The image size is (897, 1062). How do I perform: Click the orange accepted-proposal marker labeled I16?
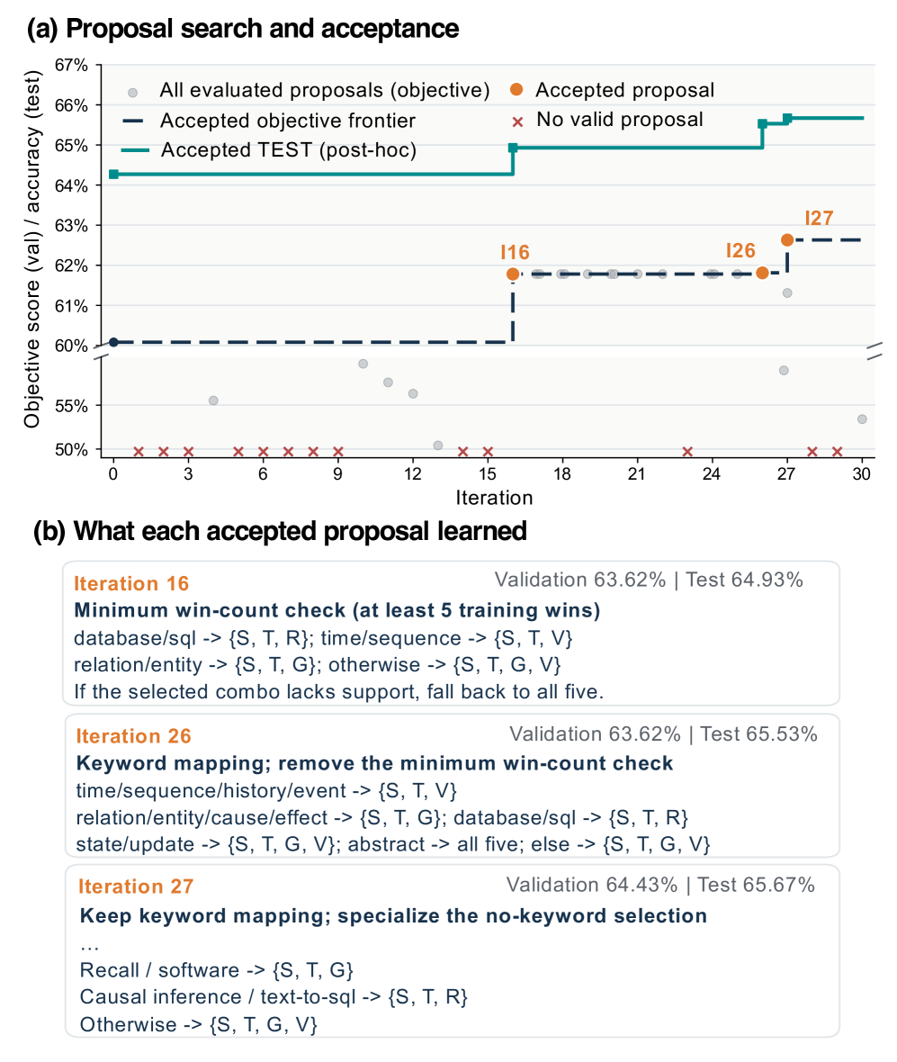[513, 274]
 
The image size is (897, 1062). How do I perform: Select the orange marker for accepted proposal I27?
[786, 239]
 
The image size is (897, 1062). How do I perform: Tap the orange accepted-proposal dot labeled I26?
[762, 273]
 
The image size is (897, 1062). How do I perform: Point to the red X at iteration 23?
[687, 452]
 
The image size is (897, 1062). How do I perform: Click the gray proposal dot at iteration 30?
[862, 419]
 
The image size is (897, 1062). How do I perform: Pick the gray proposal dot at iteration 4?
[213, 401]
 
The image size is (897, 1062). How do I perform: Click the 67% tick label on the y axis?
[72, 66]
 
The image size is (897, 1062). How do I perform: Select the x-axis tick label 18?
[562, 474]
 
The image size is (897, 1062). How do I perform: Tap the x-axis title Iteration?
[494, 498]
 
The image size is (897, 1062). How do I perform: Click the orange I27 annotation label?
[819, 218]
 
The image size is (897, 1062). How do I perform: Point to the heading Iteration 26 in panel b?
[133, 736]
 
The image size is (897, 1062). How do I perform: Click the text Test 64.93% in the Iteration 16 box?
[744, 580]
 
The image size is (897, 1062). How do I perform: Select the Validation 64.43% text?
[592, 885]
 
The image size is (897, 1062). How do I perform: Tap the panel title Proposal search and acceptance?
[263, 29]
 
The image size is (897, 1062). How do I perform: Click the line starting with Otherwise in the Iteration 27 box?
[198, 1024]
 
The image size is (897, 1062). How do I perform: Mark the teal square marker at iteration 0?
[113, 174]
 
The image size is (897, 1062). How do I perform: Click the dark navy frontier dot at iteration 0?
[113, 342]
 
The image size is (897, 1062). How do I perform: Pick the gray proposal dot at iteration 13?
[438, 445]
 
